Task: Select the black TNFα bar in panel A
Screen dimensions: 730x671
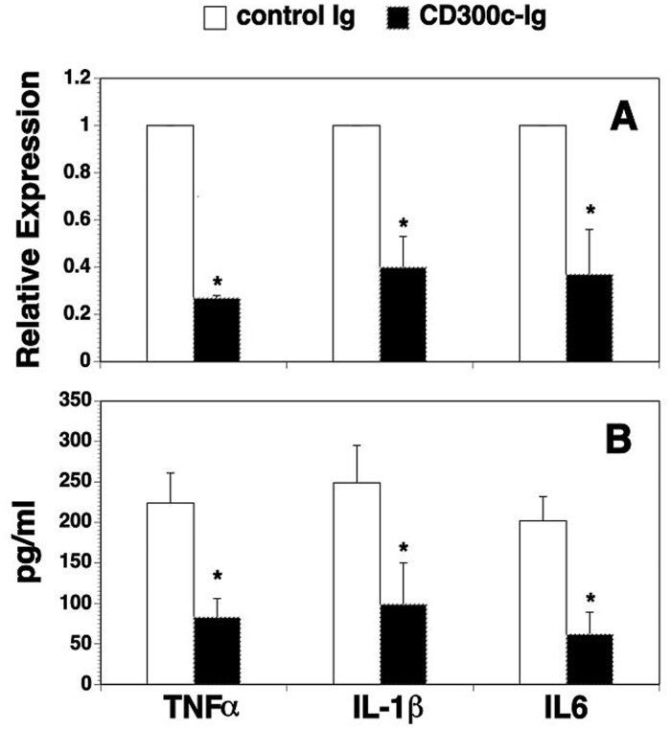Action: [x=217, y=330]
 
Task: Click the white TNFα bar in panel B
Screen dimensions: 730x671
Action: [x=170, y=593]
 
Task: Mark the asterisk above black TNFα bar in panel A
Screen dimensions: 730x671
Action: [x=218, y=282]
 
